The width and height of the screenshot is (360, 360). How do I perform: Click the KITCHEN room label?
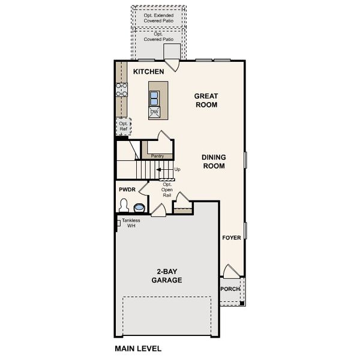[x=148, y=72]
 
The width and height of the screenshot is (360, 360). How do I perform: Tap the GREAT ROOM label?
[x=205, y=100]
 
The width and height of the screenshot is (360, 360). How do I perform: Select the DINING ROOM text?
[x=213, y=161]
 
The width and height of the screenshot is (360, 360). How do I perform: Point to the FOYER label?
[x=232, y=238]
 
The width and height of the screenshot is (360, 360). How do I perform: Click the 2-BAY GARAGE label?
[x=166, y=276]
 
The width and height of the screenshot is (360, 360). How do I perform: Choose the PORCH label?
[x=230, y=289]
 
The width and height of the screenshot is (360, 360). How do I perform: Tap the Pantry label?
[x=157, y=156]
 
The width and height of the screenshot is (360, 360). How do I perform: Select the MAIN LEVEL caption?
[x=138, y=348]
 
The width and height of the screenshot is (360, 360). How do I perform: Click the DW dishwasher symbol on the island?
[x=154, y=112]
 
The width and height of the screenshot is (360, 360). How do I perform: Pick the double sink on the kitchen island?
[x=154, y=97]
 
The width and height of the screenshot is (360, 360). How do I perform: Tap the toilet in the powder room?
[x=124, y=206]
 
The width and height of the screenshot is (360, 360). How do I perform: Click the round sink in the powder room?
[x=139, y=208]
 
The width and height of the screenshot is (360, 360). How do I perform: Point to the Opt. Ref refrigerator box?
[x=124, y=126]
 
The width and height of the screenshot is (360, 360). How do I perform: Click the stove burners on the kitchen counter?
[x=122, y=90]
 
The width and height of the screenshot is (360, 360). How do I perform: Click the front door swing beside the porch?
[x=230, y=271]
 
